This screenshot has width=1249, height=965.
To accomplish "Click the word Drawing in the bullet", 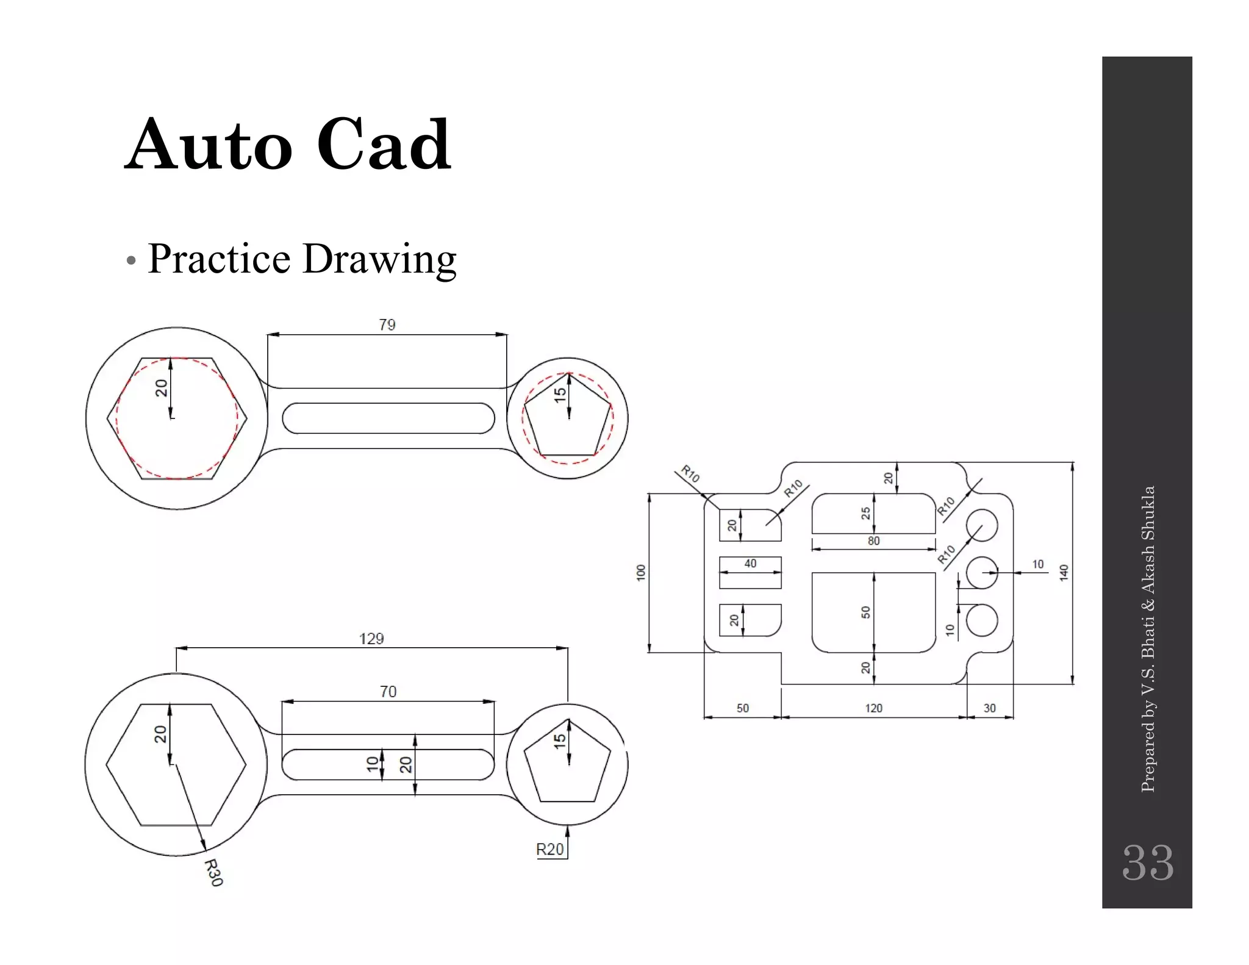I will [x=379, y=259].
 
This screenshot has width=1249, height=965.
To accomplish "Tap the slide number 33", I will [x=1147, y=863].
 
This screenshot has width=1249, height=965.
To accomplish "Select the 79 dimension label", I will [x=387, y=325].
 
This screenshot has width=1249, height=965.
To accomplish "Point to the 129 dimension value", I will [x=371, y=639].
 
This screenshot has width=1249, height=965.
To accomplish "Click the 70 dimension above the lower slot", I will [x=388, y=692].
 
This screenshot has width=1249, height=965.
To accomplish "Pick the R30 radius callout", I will [x=213, y=872].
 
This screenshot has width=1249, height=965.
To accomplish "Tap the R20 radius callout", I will [x=549, y=849].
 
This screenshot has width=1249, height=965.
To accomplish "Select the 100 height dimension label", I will [x=640, y=572].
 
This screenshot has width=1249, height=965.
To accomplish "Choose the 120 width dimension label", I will [x=873, y=708].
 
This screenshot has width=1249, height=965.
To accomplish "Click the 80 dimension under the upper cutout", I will [x=873, y=541].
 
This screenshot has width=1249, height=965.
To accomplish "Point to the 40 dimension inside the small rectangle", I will [x=750, y=564].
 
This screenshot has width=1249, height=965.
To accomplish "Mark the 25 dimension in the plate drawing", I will [x=865, y=514].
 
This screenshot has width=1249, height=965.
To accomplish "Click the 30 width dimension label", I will [x=989, y=708].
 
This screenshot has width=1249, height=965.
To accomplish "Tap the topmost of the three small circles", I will [x=982, y=525].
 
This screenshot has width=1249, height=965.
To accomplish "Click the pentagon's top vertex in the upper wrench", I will [x=569, y=373].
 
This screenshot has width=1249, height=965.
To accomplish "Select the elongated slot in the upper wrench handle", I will [x=388, y=418].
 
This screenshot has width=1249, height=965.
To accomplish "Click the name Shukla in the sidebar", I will [x=1148, y=513].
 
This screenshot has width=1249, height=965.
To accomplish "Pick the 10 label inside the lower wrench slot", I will [x=372, y=764].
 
